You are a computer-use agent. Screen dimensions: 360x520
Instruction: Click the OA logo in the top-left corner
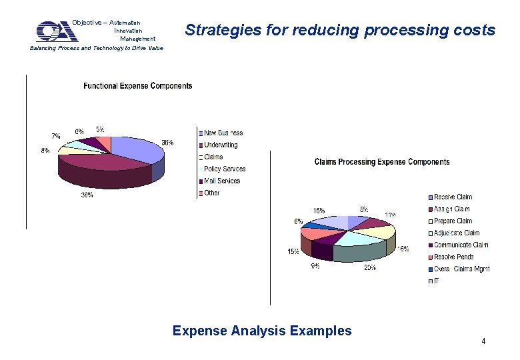coord(56,31)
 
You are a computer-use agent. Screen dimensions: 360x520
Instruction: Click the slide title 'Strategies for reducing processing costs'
coord(340,30)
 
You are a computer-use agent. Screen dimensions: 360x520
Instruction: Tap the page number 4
coord(483,341)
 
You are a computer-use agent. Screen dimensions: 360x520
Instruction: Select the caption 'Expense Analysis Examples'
coord(261,331)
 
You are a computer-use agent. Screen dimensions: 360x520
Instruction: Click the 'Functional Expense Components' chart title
coord(137,86)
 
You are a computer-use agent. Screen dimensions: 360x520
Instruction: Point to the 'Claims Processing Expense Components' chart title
coord(381,162)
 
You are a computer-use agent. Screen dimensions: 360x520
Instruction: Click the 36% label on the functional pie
coord(168,143)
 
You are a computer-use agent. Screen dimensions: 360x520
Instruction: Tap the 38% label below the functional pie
coord(87,195)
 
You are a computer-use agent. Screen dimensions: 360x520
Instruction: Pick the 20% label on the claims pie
coord(369,267)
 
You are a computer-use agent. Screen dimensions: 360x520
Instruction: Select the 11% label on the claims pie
coord(391,215)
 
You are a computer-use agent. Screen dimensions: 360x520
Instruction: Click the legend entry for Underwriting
coord(220,145)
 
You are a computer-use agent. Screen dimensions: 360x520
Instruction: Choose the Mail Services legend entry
coord(221,181)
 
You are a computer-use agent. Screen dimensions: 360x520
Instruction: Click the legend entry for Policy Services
coord(224,169)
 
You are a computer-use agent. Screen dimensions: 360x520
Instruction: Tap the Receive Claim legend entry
coord(453,197)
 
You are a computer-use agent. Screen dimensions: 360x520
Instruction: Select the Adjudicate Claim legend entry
coord(456,233)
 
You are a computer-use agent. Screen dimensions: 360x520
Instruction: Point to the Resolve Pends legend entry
coord(453,257)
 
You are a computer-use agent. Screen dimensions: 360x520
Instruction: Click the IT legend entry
coord(437,281)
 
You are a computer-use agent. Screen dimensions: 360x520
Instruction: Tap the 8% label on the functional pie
coord(45,151)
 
